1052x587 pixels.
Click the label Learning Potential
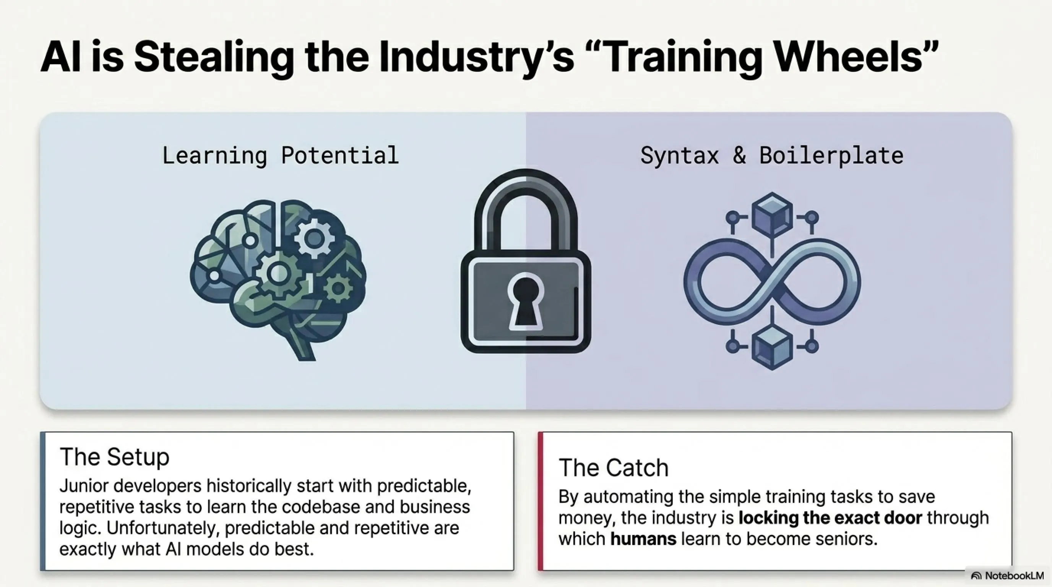pos(281,156)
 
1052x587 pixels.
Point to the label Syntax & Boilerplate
pos(772,156)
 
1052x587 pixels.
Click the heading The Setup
pos(114,456)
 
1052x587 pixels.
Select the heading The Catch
pos(614,467)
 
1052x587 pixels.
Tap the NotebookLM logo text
pos(1014,576)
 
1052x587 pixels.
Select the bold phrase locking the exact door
pos(830,517)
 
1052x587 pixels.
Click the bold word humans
pos(643,539)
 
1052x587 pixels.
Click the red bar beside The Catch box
pos(540,501)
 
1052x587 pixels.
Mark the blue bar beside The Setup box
pos(42,501)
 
